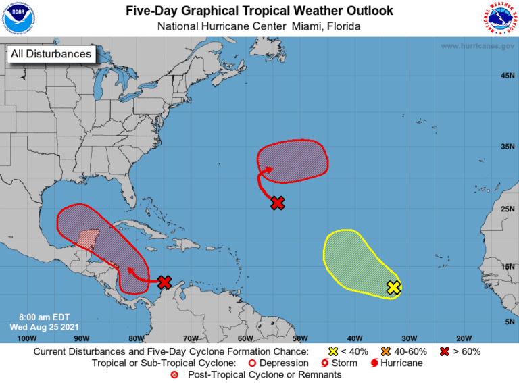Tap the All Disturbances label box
[x=51, y=53]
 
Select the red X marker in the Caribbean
[x=164, y=282]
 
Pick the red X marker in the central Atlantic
[x=277, y=202]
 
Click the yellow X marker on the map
[x=393, y=288]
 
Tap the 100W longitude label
[x=26, y=338]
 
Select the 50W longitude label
[x=299, y=338]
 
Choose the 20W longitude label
[x=463, y=338]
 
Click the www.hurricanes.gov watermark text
[x=476, y=46]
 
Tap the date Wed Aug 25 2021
[x=45, y=327]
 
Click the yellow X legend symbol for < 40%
[x=332, y=352]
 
